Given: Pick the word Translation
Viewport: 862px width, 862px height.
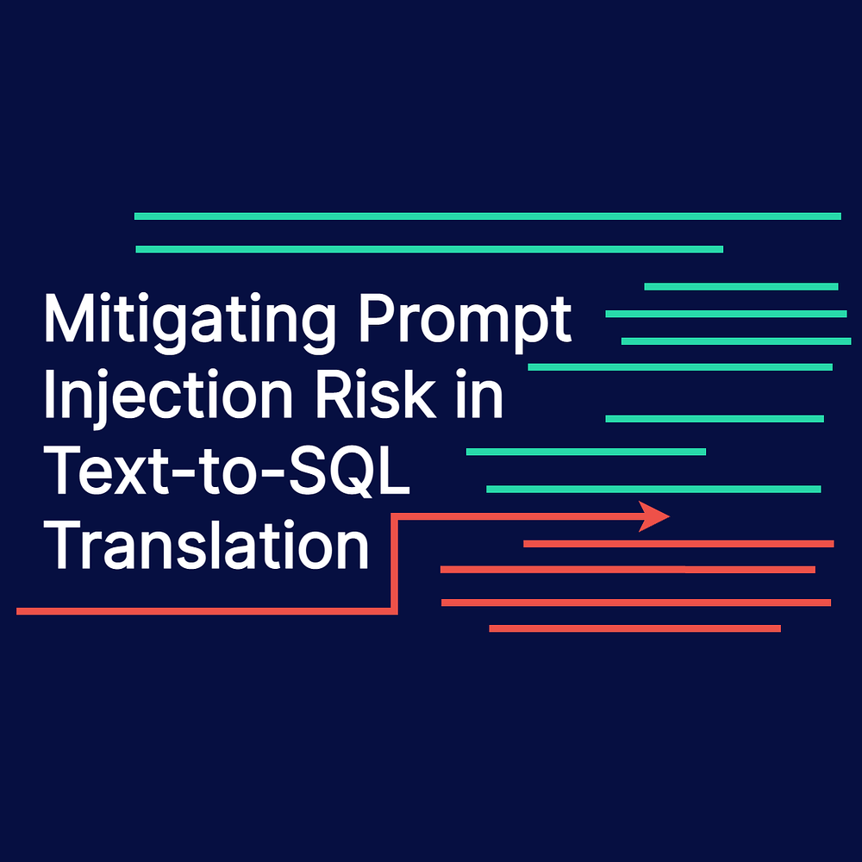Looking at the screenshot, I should (206, 546).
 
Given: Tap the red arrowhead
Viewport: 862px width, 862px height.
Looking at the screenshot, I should (654, 515).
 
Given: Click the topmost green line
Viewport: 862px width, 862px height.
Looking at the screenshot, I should (487, 215).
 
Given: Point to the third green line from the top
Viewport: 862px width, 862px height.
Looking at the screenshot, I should (740, 286).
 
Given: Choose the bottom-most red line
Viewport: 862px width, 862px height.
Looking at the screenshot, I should (634, 628).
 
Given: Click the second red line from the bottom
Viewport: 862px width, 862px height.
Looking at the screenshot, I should (635, 602).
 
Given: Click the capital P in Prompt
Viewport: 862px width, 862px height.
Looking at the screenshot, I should (373, 319).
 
